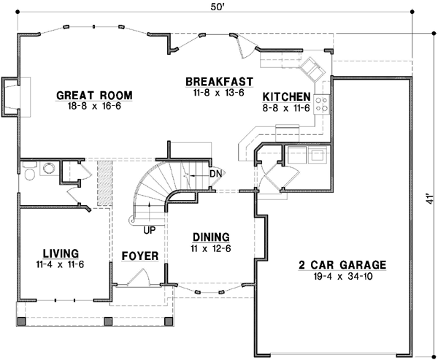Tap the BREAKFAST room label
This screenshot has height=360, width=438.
(219, 82)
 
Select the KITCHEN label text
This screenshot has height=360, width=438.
(287, 97)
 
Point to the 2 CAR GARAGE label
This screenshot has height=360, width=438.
(341, 264)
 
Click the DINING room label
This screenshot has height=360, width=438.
(211, 237)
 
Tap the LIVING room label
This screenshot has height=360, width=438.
(61, 251)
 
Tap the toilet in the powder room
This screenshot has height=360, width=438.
(28, 172)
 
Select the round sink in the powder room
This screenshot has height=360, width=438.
(49, 168)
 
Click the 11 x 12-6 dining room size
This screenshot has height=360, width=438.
(211, 248)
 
